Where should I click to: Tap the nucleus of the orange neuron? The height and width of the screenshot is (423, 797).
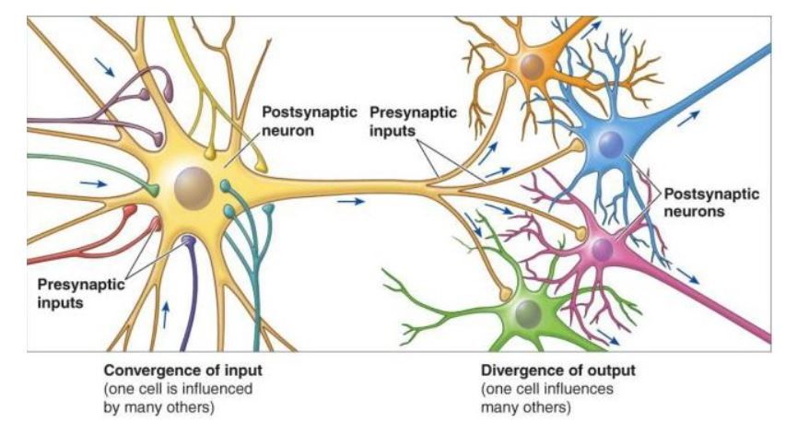pyautogui.click(x=532, y=65)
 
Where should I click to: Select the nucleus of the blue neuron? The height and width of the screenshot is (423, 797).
pyautogui.click(x=610, y=144)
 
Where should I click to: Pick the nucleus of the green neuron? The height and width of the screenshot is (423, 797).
pyautogui.click(x=527, y=313)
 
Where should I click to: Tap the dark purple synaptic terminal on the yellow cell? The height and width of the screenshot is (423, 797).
pyautogui.click(x=189, y=241)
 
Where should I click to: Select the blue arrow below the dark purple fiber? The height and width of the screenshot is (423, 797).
pyautogui.click(x=166, y=314)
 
